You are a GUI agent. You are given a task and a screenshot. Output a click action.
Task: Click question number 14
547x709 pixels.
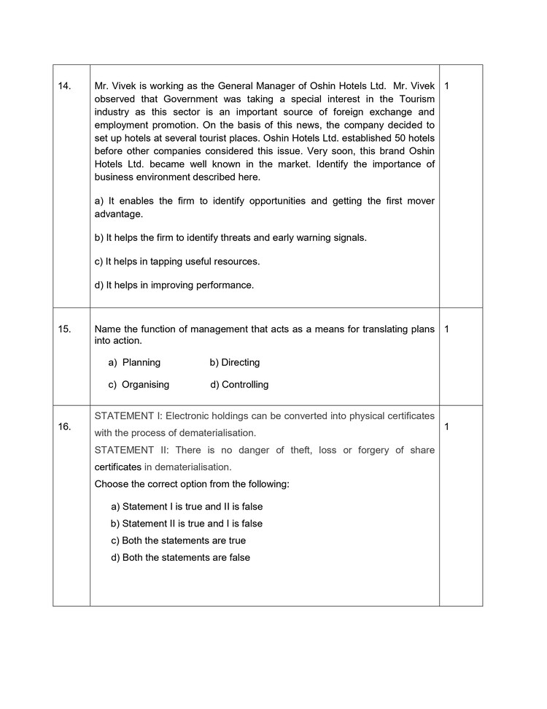click(x=64, y=86)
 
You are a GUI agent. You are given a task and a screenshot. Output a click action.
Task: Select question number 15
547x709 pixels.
click(x=64, y=329)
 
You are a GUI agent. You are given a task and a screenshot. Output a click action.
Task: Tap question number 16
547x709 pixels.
click(x=64, y=427)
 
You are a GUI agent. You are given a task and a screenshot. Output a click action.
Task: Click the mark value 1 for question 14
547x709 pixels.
click(x=446, y=86)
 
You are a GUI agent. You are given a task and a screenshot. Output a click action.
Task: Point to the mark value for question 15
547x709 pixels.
click(x=446, y=329)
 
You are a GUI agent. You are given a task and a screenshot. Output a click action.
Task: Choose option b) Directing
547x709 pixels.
click(x=234, y=363)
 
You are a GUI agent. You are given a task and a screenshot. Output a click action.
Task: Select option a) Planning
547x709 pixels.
click(x=134, y=363)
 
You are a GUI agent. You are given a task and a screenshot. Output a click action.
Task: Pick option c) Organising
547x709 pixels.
click(x=139, y=385)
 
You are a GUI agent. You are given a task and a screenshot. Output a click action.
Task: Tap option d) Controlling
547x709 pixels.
click(x=239, y=385)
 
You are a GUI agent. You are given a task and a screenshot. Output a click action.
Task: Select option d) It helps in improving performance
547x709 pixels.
click(x=174, y=285)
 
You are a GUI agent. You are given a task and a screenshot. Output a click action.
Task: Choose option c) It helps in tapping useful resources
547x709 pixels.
click(x=177, y=261)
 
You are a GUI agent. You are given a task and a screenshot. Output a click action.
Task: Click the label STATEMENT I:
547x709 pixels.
click(x=128, y=416)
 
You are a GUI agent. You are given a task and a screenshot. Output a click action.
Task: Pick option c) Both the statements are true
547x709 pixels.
click(x=178, y=541)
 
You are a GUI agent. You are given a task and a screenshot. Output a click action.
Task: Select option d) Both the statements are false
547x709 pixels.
click(x=180, y=558)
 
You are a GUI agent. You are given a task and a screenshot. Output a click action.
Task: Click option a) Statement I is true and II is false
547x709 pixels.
click(x=187, y=507)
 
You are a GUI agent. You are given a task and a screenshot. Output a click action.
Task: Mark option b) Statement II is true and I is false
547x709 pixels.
click(x=187, y=524)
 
